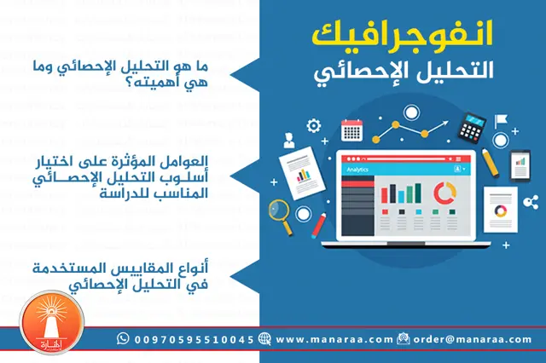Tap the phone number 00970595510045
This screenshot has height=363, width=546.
193,339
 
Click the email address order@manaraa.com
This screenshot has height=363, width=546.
472,339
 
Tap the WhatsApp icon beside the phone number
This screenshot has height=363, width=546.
124,339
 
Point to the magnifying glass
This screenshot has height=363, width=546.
279,209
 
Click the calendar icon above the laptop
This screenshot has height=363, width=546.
351,130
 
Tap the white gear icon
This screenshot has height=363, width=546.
314,125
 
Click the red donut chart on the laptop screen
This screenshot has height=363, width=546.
443,193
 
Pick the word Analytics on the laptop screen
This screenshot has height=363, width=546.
357,170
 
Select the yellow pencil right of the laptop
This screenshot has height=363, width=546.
490,159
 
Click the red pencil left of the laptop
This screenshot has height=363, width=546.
320,224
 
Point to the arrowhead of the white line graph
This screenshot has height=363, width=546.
444,124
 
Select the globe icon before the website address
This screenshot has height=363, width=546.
264,339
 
